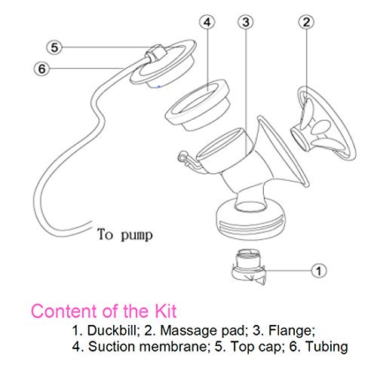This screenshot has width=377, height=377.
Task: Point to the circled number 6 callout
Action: (x=42, y=68)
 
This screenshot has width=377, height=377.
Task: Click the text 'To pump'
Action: (x=124, y=234)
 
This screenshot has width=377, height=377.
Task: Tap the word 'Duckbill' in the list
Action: (x=103, y=330)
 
